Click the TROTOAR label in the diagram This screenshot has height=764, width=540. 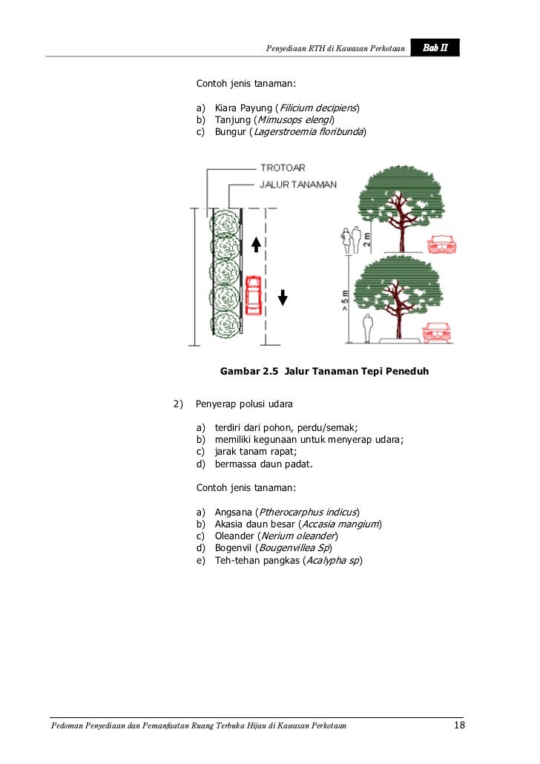(x=283, y=168)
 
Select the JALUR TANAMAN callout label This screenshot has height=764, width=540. (x=298, y=185)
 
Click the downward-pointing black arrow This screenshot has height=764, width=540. (x=282, y=297)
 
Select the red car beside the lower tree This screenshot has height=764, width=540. (x=437, y=332)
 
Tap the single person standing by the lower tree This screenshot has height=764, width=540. (x=367, y=328)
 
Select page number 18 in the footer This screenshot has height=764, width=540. (x=459, y=724)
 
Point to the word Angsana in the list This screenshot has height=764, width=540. (x=233, y=512)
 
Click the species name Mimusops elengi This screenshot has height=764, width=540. (x=295, y=120)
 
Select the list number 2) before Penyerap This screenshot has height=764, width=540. (x=177, y=404)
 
